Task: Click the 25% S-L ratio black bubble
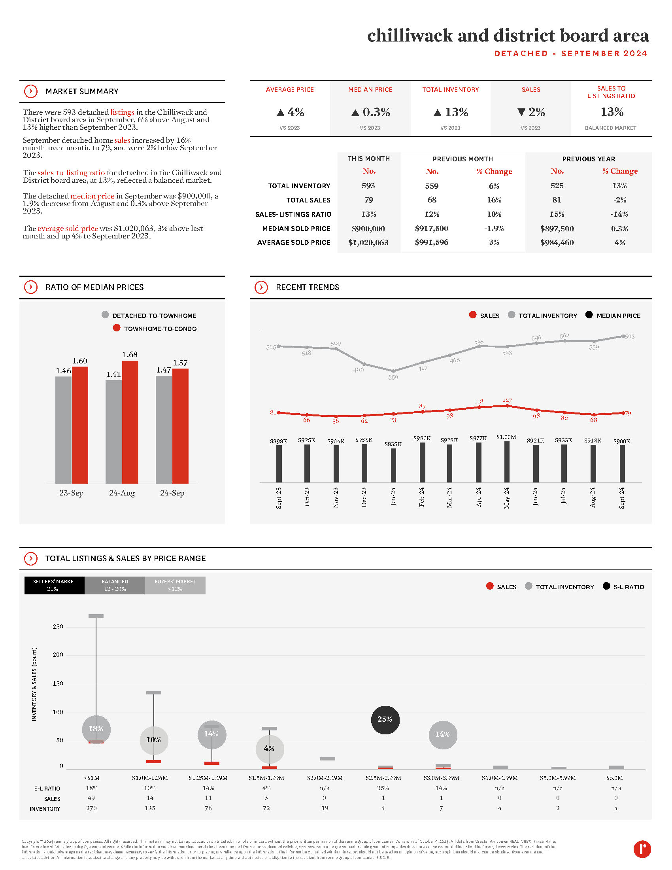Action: pyautogui.click(x=385, y=719)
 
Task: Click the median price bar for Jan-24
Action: pyautogui.click(x=393, y=465)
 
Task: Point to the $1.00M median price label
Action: pyautogui.click(x=506, y=437)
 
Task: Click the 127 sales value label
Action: pyautogui.click(x=507, y=400)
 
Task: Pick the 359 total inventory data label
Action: pyautogui.click(x=393, y=377)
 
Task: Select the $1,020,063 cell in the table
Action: pyautogui.click(x=368, y=242)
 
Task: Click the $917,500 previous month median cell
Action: pyautogui.click(x=432, y=228)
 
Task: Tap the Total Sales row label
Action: pyautogui.click(x=308, y=200)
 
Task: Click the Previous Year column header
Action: pyautogui.click(x=589, y=159)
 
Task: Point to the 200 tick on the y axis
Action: pyautogui.click(x=58, y=654)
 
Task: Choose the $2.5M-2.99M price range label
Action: pyautogui.click(x=383, y=777)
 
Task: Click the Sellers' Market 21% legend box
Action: pyautogui.click(x=55, y=585)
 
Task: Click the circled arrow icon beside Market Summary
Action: pyautogui.click(x=31, y=91)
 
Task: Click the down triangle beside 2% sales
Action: pyautogui.click(x=521, y=112)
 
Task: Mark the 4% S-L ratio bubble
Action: pyautogui.click(x=270, y=749)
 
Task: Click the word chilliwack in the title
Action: pyautogui.click(x=410, y=36)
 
